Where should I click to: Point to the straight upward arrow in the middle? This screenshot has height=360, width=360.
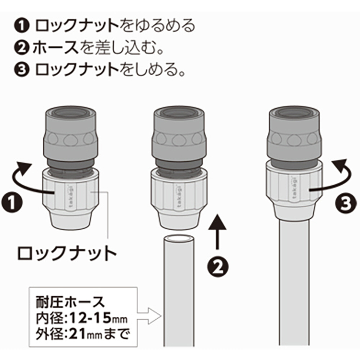tap(217, 231)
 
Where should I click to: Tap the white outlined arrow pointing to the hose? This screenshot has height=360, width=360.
tap(149, 316)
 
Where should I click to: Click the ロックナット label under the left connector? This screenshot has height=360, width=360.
tap(67, 253)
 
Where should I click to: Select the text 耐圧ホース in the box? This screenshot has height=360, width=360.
tap(70, 302)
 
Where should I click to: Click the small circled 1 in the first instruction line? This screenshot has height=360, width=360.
tap(22, 26)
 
